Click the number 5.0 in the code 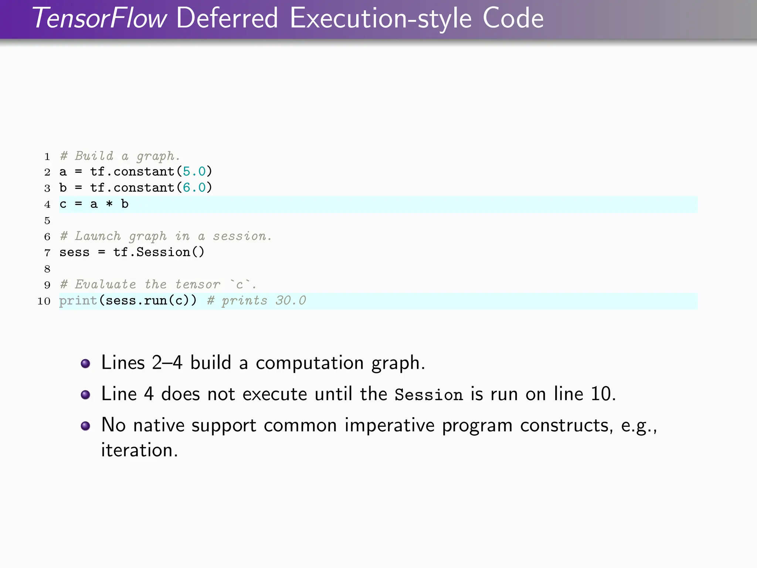point(194,172)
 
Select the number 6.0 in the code point(194,188)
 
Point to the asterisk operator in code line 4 point(109,204)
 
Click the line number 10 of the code point(44,301)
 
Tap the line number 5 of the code point(47,221)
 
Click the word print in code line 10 point(78,301)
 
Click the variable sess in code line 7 point(74,253)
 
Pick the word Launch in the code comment point(98,236)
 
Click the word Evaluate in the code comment point(105,284)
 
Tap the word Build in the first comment point(94,156)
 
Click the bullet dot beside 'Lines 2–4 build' point(85,364)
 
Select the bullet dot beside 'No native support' point(85,426)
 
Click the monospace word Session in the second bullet point(428,395)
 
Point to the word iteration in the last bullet point(139,450)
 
